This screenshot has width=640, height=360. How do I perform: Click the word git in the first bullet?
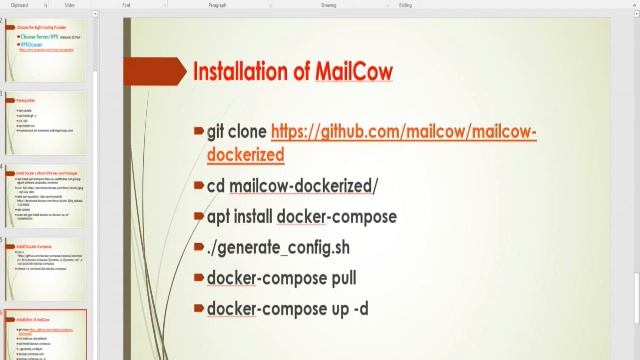tap(216, 132)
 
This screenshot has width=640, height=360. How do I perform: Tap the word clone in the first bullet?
tap(249, 132)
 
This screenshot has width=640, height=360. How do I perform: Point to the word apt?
tap(220, 217)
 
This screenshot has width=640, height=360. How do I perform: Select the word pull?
tap(339, 278)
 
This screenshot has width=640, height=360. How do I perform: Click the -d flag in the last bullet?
tap(360, 309)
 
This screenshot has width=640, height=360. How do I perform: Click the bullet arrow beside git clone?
tap(199, 132)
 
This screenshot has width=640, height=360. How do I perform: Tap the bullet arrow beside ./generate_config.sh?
tap(199, 247)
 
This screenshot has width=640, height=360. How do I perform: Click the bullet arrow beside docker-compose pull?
tap(199, 278)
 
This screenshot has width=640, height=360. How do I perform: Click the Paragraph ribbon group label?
tap(231, 5)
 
